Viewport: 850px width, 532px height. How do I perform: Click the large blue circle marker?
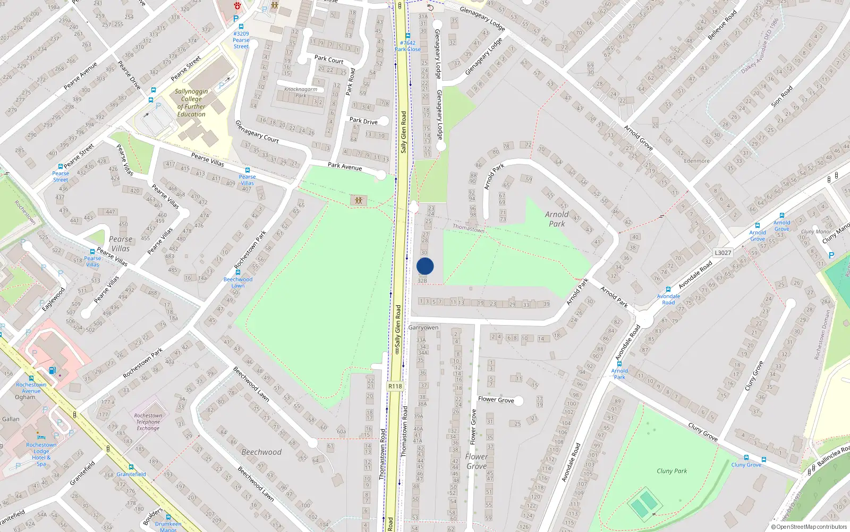(425, 266)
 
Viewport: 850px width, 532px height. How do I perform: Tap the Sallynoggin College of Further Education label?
(191, 103)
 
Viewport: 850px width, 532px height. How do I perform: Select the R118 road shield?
(395, 386)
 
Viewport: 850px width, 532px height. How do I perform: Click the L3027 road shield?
(723, 253)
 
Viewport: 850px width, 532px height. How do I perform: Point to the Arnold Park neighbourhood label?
(557, 219)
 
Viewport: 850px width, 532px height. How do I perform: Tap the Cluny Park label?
(671, 471)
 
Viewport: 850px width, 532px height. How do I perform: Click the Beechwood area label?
(261, 452)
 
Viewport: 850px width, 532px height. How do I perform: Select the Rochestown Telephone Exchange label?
(148, 422)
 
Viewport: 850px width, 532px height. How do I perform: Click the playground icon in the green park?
(359, 201)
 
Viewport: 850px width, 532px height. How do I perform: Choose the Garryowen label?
(423, 328)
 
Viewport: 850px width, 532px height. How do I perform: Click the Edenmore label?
(696, 161)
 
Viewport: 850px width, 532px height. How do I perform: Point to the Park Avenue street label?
(345, 167)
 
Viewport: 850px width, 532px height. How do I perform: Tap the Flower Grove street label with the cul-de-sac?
(496, 400)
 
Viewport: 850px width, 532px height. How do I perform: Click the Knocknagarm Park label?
(301, 92)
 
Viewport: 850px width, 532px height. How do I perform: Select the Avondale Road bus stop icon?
(668, 289)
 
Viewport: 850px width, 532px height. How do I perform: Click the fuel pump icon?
(52, 370)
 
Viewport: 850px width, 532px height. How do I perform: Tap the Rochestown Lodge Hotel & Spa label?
(41, 454)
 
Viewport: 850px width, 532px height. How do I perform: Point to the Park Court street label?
(329, 60)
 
